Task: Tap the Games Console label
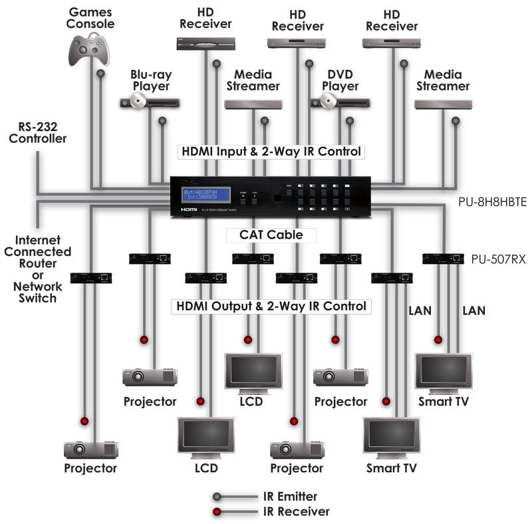[x=91, y=18]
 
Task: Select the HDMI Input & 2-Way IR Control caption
[x=272, y=152]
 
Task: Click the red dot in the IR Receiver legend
[x=217, y=511]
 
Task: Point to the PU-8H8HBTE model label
[x=495, y=202]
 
